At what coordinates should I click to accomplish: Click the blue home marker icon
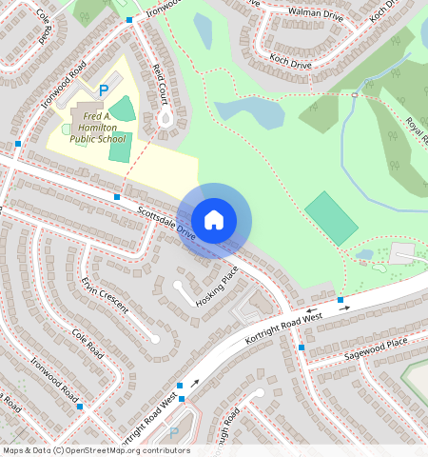215,219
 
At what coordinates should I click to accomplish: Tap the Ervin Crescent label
104,293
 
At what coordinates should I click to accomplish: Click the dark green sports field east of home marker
332,218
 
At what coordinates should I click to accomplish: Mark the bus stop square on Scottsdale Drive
117,196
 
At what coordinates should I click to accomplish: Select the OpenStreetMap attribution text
95,450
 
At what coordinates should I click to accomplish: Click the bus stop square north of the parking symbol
128,20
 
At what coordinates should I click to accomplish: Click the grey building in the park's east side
401,254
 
